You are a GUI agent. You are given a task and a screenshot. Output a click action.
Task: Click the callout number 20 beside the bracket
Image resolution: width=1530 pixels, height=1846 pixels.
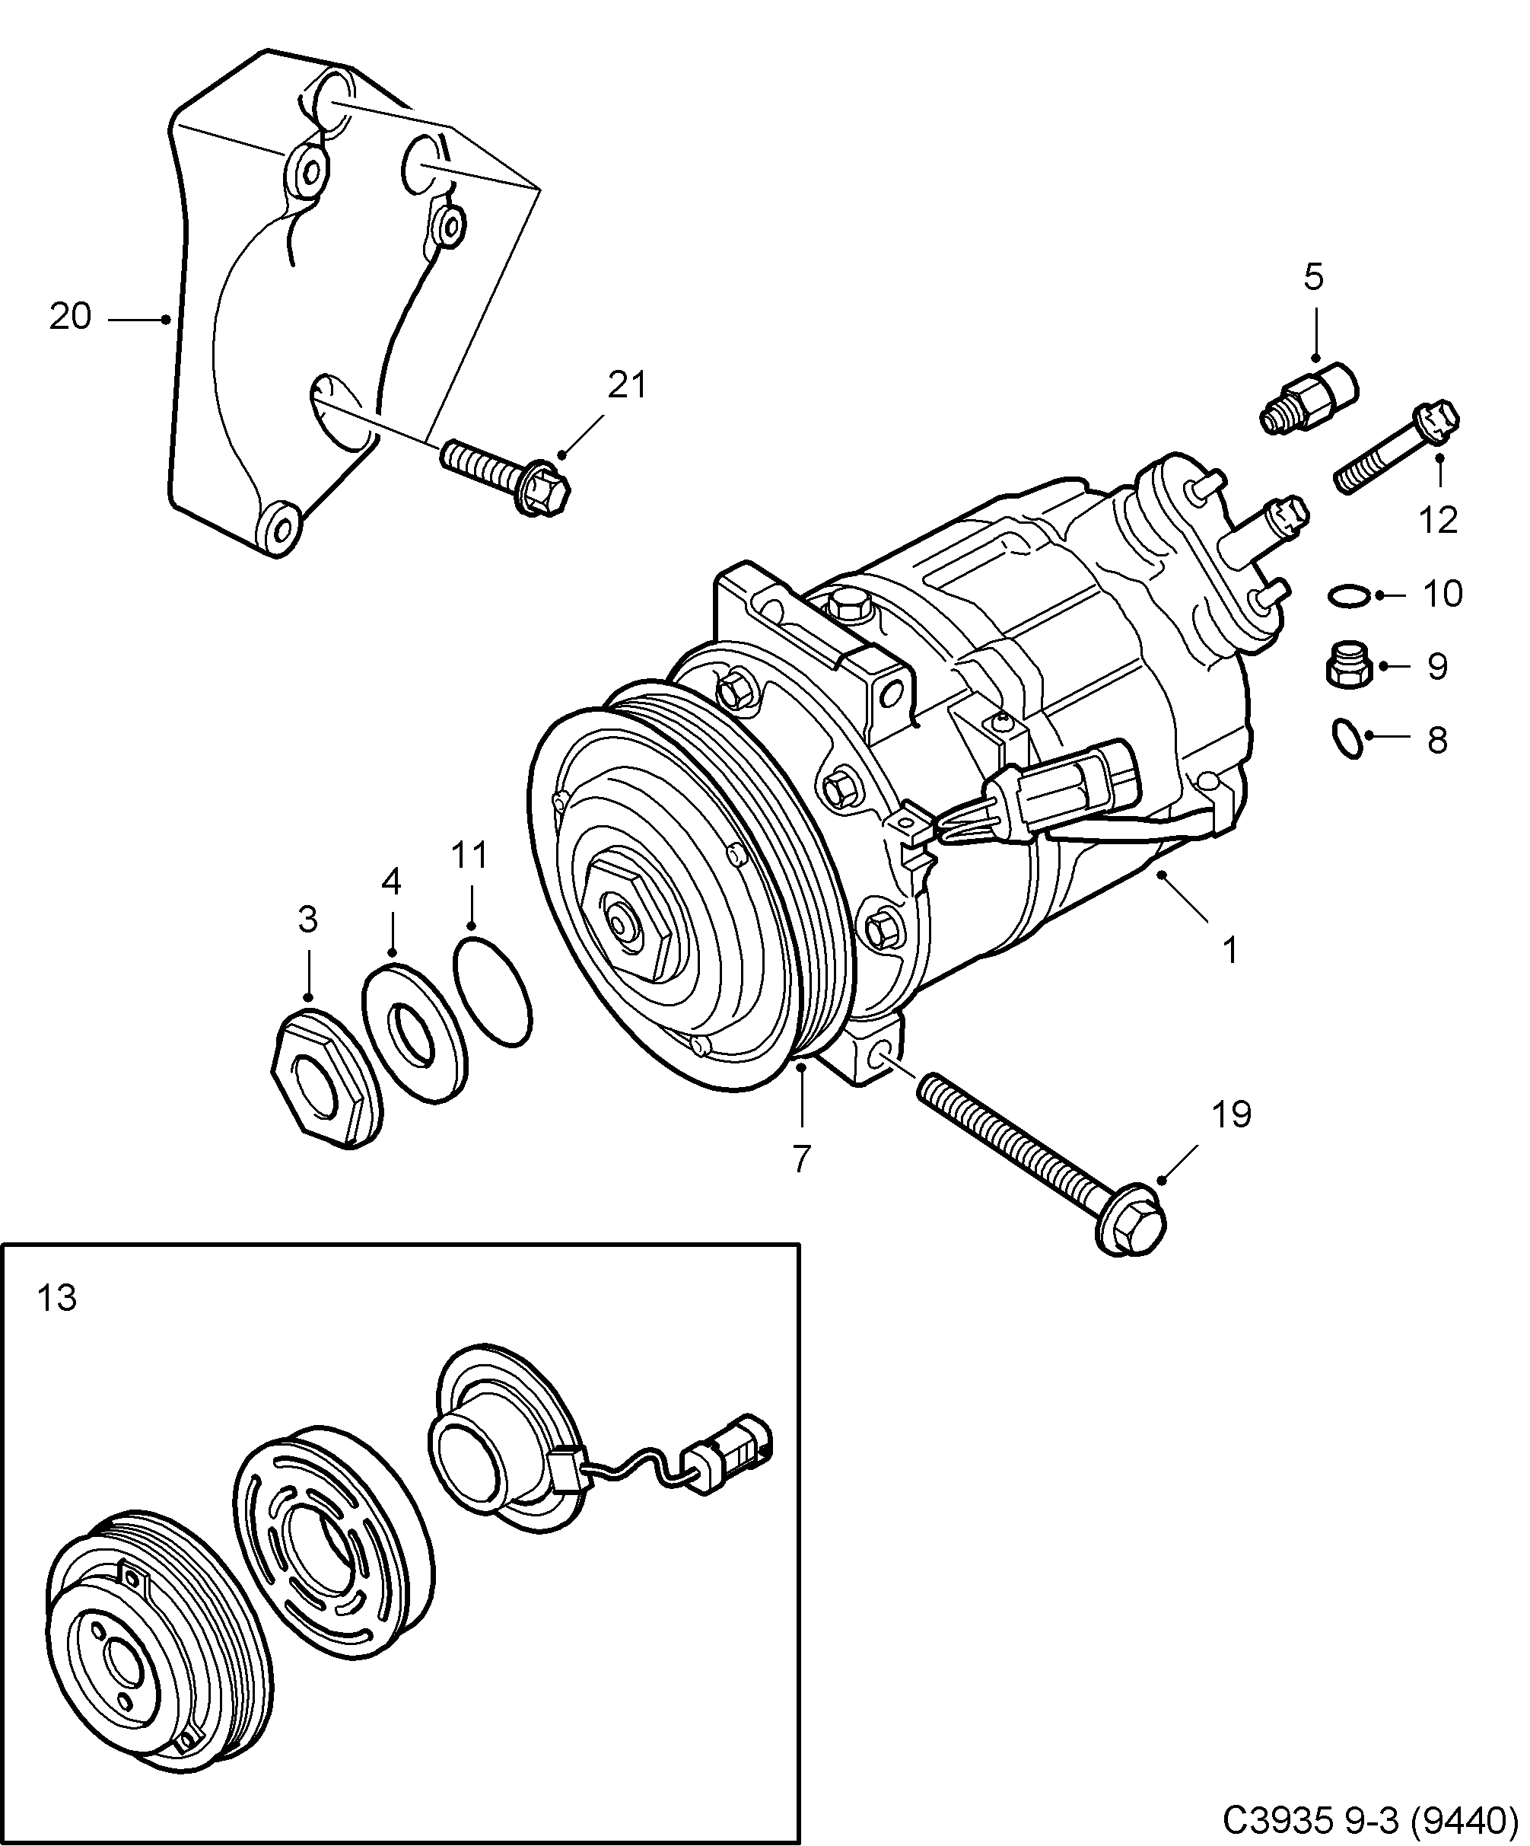pos(69,317)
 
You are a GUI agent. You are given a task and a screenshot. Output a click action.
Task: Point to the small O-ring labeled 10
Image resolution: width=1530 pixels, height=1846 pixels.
pos(1348,596)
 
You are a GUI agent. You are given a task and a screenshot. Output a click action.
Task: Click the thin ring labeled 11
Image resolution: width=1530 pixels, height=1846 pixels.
pos(493,990)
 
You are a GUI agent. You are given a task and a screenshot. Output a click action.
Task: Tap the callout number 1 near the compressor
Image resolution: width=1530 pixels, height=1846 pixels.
pos(1230,950)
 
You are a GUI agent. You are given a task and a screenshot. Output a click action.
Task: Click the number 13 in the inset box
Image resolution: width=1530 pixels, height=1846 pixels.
pos(58,1297)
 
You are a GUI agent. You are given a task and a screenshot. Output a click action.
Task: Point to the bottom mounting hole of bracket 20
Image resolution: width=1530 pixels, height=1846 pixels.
pos(280,529)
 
